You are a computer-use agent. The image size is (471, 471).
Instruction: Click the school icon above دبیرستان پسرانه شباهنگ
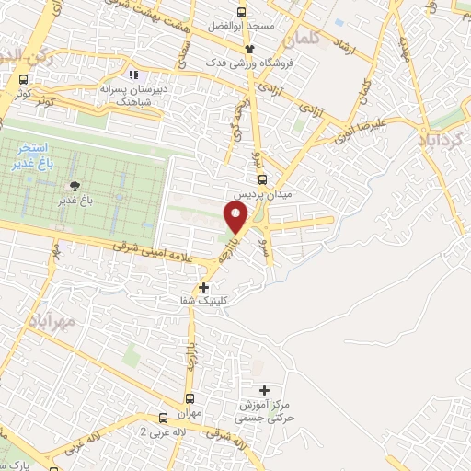(134, 75)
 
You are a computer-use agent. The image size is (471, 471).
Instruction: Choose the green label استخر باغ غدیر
(41, 156)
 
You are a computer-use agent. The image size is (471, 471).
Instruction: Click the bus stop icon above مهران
(190, 398)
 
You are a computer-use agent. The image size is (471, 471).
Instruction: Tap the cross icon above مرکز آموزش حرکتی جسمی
(265, 390)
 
